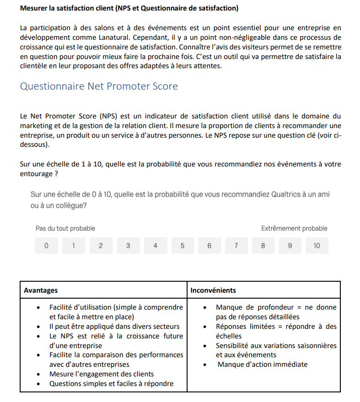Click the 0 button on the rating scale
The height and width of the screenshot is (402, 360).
tap(46, 246)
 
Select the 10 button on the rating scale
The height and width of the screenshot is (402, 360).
tap(317, 246)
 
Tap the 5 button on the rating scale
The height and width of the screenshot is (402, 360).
tap(182, 246)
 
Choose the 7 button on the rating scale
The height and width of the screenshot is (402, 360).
tap(236, 246)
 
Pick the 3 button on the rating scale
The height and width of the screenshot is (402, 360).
tap(128, 246)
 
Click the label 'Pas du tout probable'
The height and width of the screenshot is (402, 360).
tap(65, 228)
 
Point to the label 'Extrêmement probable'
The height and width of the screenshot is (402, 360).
tap(294, 228)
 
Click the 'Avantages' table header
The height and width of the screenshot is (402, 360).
tap(41, 290)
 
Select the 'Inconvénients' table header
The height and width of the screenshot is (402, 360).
tap(213, 290)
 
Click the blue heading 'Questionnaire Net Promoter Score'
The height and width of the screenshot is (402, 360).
tap(99, 86)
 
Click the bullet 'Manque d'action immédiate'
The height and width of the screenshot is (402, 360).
tap(263, 364)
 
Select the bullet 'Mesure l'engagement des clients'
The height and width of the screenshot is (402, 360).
tap(102, 374)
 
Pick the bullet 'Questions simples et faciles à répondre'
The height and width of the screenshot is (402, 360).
tap(111, 384)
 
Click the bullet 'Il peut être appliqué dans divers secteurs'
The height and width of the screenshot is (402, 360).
tap(114, 327)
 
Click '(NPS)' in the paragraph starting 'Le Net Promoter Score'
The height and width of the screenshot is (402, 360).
tap(109, 116)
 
